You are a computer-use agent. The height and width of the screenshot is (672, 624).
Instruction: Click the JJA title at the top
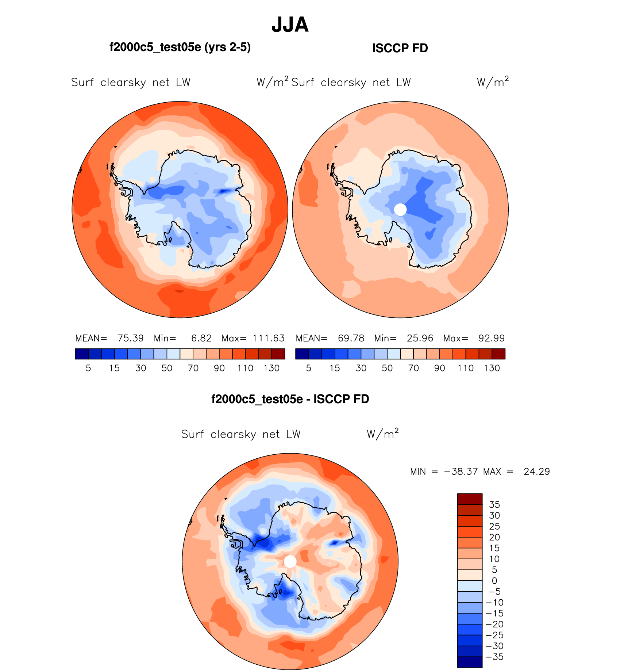(290, 25)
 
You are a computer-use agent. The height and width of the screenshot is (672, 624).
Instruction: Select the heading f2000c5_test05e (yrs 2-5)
(180, 47)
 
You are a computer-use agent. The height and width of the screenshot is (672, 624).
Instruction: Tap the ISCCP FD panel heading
(400, 48)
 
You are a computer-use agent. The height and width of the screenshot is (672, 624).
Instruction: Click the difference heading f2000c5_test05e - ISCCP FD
(290, 399)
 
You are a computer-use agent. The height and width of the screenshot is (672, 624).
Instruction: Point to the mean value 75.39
(130, 338)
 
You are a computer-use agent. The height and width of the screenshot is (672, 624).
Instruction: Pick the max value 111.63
(268, 338)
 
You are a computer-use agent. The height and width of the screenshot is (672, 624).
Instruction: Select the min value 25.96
(420, 338)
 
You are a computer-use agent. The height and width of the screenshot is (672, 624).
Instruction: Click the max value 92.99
(492, 338)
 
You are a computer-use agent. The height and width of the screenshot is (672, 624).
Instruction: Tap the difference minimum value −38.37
(461, 471)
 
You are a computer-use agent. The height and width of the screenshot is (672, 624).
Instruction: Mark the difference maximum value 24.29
(536, 471)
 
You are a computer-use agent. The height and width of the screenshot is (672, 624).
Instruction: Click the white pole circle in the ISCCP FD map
(400, 210)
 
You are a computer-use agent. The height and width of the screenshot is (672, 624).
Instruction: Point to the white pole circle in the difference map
(290, 561)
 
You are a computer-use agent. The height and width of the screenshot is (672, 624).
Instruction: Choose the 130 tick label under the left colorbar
(271, 368)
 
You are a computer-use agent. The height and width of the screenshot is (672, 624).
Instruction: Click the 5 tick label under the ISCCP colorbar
(309, 368)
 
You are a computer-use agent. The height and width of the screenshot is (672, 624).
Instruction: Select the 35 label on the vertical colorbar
(494, 505)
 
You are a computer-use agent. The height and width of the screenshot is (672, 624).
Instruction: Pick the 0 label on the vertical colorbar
(494, 581)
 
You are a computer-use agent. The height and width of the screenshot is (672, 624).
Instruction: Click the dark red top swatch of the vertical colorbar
(470, 499)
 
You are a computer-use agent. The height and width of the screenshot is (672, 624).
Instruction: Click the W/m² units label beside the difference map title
(382, 434)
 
